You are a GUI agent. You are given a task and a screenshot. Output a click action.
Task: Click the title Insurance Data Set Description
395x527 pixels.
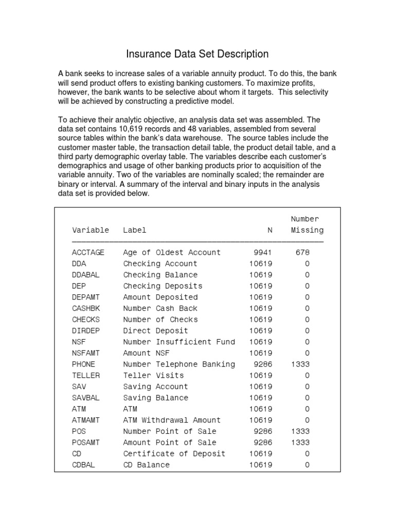click(197, 54)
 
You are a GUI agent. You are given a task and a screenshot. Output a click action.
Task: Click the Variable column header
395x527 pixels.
click(91, 230)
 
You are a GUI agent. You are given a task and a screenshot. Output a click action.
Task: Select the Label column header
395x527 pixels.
click(135, 230)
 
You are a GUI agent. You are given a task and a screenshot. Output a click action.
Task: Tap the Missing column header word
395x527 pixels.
click(307, 230)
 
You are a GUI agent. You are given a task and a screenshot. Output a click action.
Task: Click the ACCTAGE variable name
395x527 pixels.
click(88, 252)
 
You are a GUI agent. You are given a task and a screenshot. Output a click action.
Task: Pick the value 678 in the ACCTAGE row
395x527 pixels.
click(303, 252)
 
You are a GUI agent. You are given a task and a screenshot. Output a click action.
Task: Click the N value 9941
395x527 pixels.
click(262, 252)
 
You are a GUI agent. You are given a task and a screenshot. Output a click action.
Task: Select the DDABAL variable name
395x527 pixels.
click(86, 275)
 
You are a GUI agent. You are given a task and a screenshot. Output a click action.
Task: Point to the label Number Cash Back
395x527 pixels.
click(160, 308)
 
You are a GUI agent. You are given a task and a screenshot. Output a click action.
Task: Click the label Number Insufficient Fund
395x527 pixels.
click(179, 342)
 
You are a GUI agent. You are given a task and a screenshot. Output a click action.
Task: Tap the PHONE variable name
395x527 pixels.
click(84, 364)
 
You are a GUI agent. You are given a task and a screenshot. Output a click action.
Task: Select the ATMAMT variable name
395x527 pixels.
click(86, 420)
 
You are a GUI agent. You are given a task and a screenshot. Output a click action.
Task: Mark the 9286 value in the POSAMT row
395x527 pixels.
click(262, 443)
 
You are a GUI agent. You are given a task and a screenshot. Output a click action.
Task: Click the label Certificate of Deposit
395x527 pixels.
click(174, 453)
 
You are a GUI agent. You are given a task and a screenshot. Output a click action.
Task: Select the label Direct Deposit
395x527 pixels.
click(156, 330)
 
